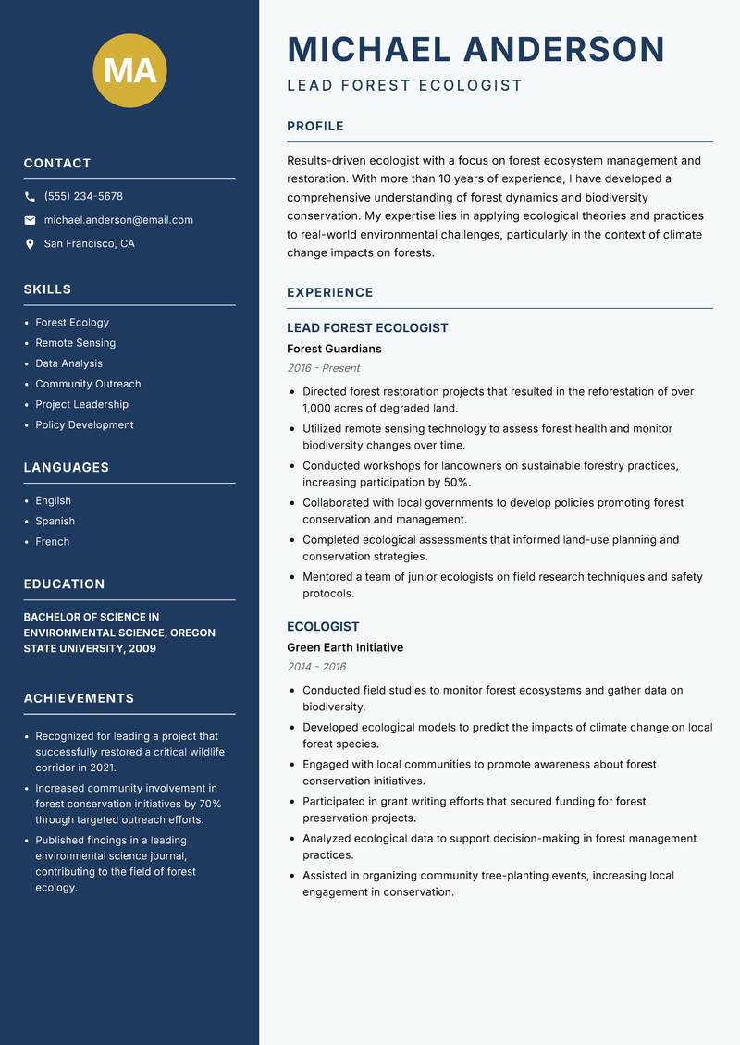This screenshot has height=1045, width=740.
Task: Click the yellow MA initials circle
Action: pyautogui.click(x=129, y=70)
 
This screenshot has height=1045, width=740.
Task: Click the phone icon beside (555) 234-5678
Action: pyautogui.click(x=31, y=197)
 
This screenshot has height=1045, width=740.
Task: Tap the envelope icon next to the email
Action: pyautogui.click(x=31, y=220)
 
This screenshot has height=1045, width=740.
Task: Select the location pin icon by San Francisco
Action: pyautogui.click(x=31, y=244)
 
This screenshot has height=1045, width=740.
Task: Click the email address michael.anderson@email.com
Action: pyautogui.click(x=118, y=220)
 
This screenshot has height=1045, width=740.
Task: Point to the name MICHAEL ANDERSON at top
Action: pyautogui.click(x=475, y=49)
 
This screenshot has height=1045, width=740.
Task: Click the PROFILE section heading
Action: pyautogui.click(x=315, y=127)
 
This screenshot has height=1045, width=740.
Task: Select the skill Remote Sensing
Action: pyautogui.click(x=76, y=343)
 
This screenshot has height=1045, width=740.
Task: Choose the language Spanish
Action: pyautogui.click(x=55, y=522)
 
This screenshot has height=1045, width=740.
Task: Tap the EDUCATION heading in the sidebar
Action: pyautogui.click(x=65, y=584)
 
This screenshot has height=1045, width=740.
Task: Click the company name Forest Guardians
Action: pyautogui.click(x=334, y=350)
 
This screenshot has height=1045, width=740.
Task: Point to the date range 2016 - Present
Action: pyautogui.click(x=324, y=368)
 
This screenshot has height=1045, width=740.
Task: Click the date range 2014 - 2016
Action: pyautogui.click(x=316, y=667)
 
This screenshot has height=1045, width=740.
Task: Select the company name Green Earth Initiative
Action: pyautogui.click(x=345, y=648)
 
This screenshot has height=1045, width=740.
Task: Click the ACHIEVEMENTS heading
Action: pyautogui.click(x=79, y=698)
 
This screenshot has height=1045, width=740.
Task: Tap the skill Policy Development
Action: pyautogui.click(x=84, y=425)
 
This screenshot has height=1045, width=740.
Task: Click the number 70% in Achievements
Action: pyautogui.click(x=210, y=804)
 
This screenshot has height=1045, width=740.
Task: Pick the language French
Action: pyautogui.click(x=53, y=542)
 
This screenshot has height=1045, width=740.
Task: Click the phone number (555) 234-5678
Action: pyautogui.click(x=83, y=197)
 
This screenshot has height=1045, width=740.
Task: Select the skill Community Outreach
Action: pyautogui.click(x=88, y=384)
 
